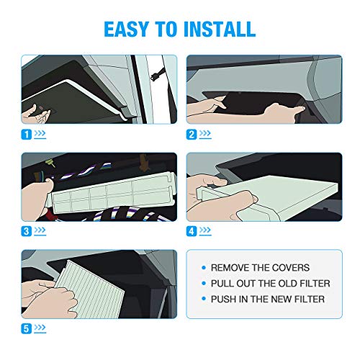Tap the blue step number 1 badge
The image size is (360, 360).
[x=27, y=135]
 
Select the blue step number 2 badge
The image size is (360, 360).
[x=192, y=135]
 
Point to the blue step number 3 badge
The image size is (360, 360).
[x=27, y=231]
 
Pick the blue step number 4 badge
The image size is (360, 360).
[x=192, y=231]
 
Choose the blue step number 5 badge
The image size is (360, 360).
[x=27, y=328]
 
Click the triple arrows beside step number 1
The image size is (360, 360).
[x=40, y=133]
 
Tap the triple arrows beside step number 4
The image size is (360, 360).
[x=205, y=230]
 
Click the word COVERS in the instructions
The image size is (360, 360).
[x=291, y=268]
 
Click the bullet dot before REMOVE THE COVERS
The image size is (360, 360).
[x=204, y=268]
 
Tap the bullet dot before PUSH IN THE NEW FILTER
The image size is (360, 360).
[x=204, y=299]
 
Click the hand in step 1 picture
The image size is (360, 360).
[x=36, y=114]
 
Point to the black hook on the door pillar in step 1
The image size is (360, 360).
[x=157, y=74]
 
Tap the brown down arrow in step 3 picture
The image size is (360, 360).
[x=144, y=163]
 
